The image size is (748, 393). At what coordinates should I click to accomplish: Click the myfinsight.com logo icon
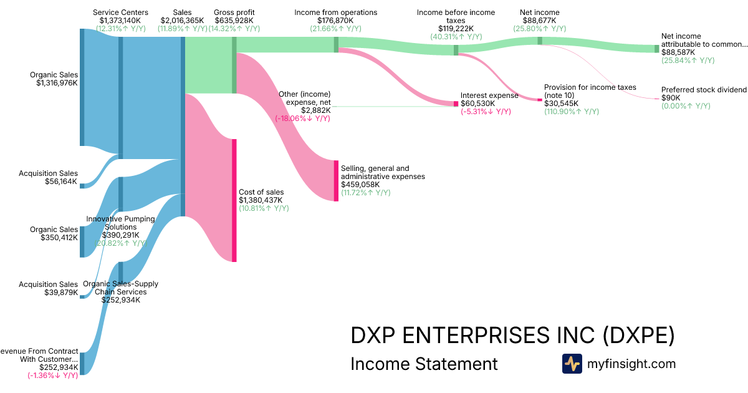[572, 364]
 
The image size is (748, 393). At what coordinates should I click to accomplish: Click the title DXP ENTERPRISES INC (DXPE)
[512, 336]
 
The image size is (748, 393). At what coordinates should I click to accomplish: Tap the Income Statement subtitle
[424, 364]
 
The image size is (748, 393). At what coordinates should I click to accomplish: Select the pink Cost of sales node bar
[234, 200]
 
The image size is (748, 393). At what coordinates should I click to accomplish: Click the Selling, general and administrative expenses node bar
[336, 181]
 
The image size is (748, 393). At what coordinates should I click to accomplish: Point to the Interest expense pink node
[456, 104]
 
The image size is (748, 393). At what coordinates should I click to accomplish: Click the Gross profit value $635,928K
[234, 21]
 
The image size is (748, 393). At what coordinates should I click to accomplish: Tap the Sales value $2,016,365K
[182, 21]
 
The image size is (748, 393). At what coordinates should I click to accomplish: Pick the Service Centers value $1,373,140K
[120, 21]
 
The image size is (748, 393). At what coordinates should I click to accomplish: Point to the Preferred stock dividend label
[704, 90]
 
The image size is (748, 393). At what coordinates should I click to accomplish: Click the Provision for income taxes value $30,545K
[561, 104]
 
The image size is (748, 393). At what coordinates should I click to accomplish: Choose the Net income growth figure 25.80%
[539, 29]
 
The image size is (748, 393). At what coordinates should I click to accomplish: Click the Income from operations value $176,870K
[335, 21]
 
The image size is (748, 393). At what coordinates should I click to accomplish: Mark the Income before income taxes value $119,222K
[456, 29]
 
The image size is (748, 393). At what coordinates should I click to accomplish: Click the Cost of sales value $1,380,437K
[261, 200]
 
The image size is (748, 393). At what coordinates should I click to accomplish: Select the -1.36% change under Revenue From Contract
[52, 376]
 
